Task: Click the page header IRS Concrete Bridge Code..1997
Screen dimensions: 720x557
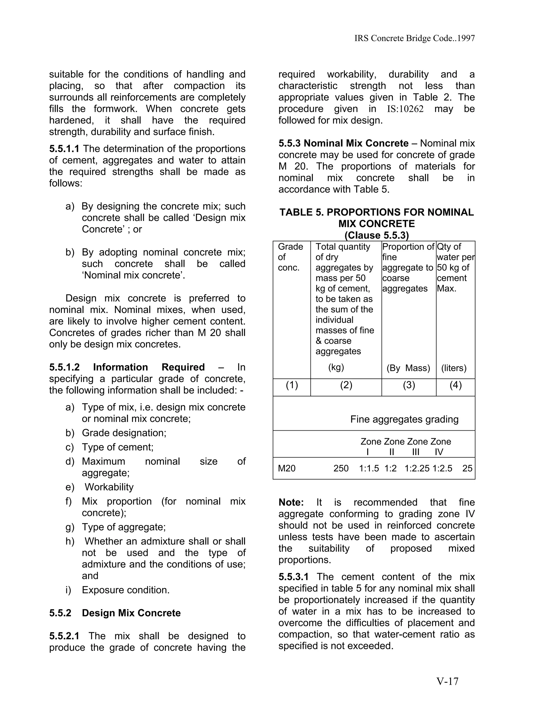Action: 414,38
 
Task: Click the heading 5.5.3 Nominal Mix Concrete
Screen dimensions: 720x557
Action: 343,143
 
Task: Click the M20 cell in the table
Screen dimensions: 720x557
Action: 287,468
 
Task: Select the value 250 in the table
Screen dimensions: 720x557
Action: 341,468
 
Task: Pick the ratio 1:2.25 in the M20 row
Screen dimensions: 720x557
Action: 417,468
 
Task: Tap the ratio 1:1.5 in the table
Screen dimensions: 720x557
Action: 369,468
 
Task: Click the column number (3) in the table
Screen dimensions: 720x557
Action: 409,385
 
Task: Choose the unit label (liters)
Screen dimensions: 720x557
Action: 454,368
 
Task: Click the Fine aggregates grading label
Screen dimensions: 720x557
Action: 404,419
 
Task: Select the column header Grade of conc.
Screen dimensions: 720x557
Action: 290,257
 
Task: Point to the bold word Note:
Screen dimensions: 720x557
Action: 291,502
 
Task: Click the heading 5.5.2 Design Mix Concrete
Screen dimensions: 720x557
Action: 115,613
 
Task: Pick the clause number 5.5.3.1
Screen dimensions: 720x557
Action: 293,577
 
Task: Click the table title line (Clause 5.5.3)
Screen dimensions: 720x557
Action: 376,235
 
